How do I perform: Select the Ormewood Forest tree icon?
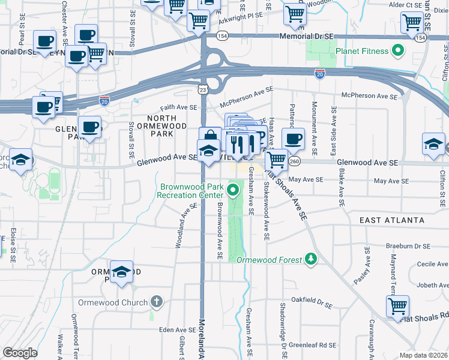click(x=310, y=259)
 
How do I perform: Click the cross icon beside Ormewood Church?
click(x=156, y=302)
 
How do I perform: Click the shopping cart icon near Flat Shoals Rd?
click(x=397, y=307)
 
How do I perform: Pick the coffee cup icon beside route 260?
click(x=293, y=139)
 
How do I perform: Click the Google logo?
click(x=20, y=353)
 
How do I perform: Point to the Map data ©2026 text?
click(x=424, y=355)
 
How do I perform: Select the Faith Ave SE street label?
click(x=178, y=107)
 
